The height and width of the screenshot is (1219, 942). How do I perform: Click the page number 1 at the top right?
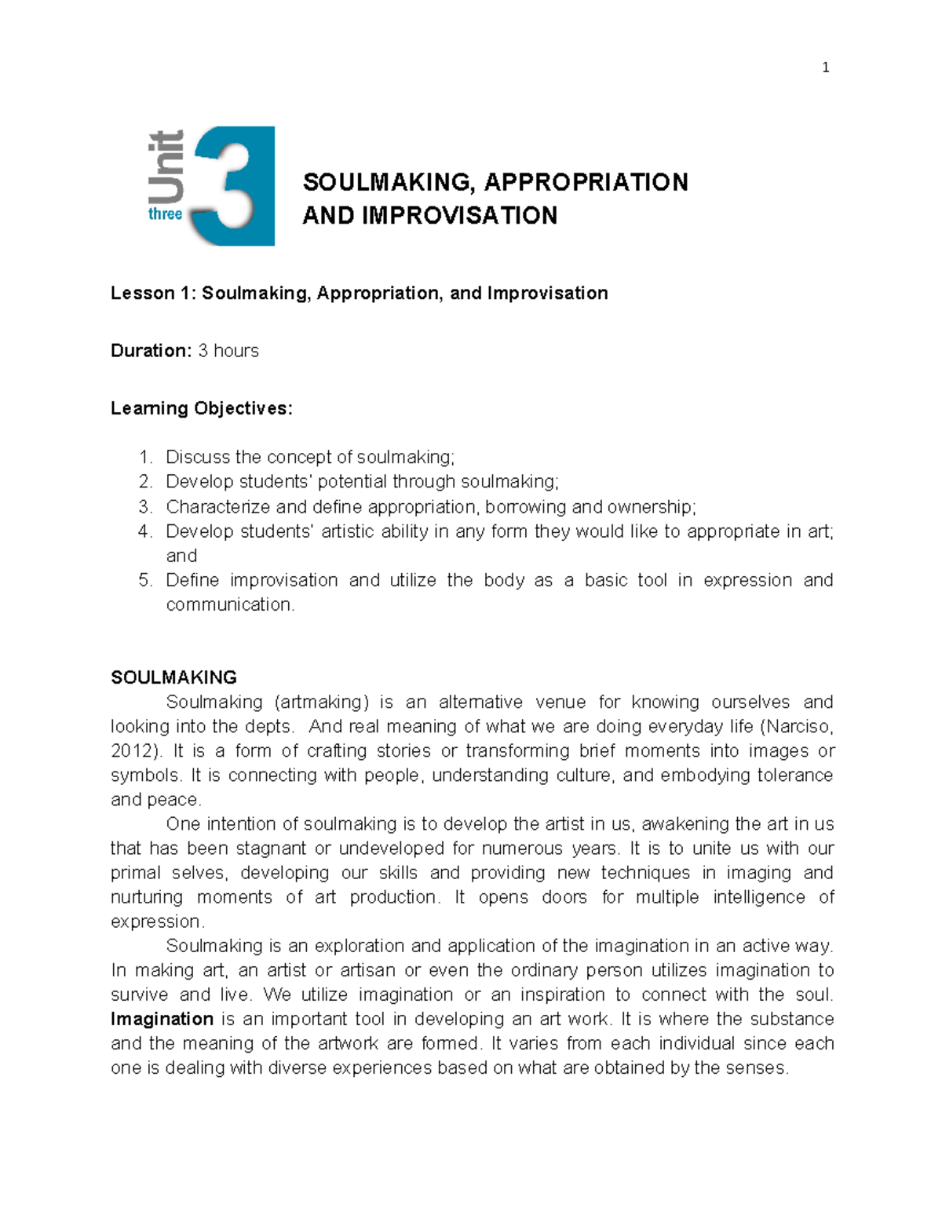(825, 68)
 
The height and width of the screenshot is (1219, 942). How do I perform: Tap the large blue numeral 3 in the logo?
(235, 186)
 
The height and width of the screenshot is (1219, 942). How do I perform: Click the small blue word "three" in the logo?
(165, 214)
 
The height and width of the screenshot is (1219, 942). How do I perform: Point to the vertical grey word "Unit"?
(166, 166)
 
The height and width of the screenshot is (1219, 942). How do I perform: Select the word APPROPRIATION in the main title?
(586, 182)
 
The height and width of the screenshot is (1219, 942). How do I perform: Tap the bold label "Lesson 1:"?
(153, 294)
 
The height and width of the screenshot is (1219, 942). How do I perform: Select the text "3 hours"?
(228, 351)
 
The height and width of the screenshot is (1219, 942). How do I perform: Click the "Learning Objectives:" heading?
(201, 408)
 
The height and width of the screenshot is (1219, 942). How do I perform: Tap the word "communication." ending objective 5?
(230, 604)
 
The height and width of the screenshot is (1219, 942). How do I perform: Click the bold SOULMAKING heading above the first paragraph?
(173, 677)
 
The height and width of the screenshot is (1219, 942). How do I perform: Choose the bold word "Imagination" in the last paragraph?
(162, 1019)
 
